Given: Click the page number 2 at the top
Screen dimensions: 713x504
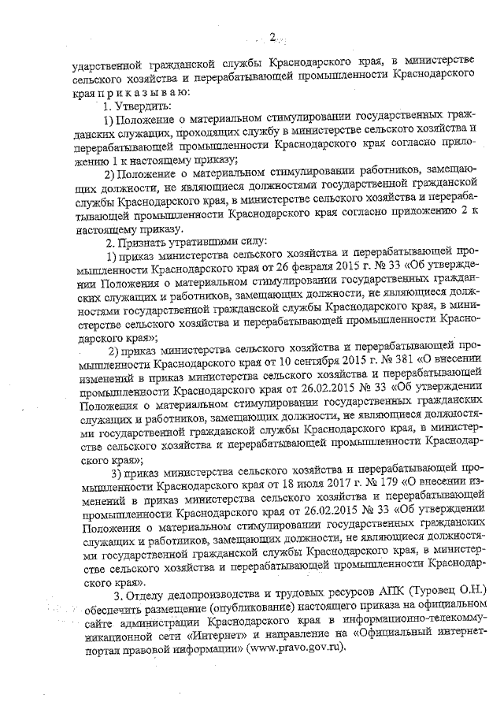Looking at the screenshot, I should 271,36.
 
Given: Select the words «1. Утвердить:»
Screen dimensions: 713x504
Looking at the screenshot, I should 127,106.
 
